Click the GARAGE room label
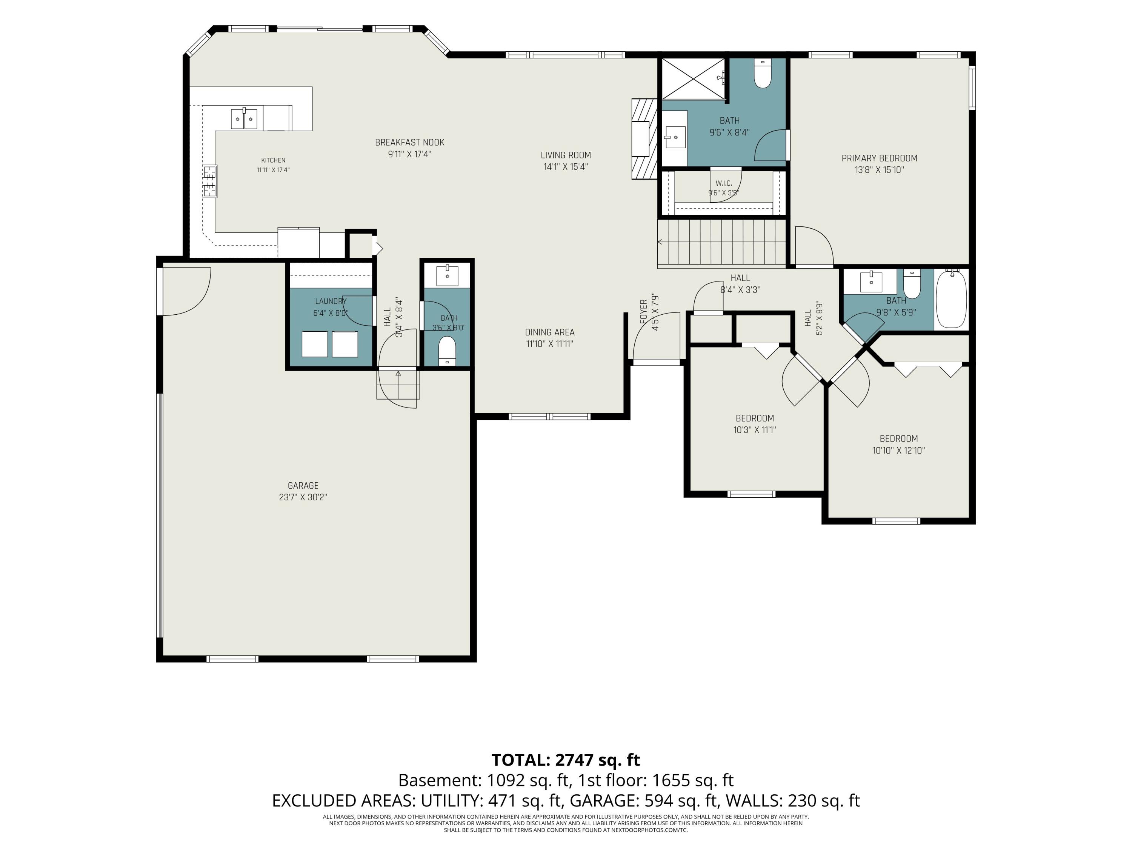(x=303, y=486)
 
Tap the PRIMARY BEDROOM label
(x=879, y=158)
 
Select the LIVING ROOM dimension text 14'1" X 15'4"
(x=566, y=167)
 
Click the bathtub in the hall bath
(x=951, y=299)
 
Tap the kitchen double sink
(x=244, y=119)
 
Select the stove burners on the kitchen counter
(x=210, y=181)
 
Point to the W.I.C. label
(x=724, y=183)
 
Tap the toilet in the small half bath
(x=447, y=351)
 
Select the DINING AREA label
(x=550, y=332)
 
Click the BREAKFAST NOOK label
(x=409, y=142)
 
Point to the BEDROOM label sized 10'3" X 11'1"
(x=755, y=418)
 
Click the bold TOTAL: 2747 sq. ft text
(x=566, y=760)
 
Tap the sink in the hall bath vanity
(x=871, y=282)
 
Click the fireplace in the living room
(x=644, y=139)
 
